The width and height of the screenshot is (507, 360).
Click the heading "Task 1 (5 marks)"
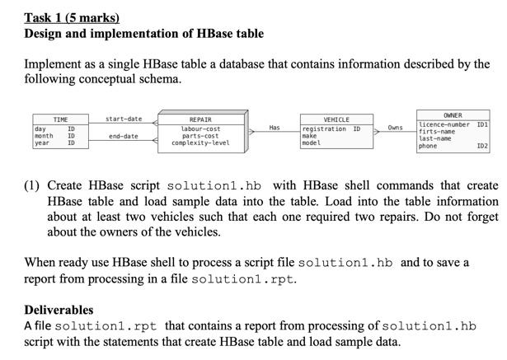pos(72,17)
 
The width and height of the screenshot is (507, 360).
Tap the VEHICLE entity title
pos(336,120)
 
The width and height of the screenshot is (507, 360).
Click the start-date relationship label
pos(124,119)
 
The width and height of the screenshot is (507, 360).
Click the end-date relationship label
pos(124,136)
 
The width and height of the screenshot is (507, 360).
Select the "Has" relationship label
pos(275,128)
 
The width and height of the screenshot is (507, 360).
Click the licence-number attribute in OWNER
pos(444,124)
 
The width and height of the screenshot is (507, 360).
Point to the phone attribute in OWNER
pos(428,146)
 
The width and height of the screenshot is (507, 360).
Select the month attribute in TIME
pos(44,136)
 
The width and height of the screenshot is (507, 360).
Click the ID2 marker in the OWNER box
pos(482,146)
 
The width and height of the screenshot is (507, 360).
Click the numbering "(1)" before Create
pos(34,186)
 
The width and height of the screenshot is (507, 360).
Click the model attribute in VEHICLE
pos(311,143)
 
